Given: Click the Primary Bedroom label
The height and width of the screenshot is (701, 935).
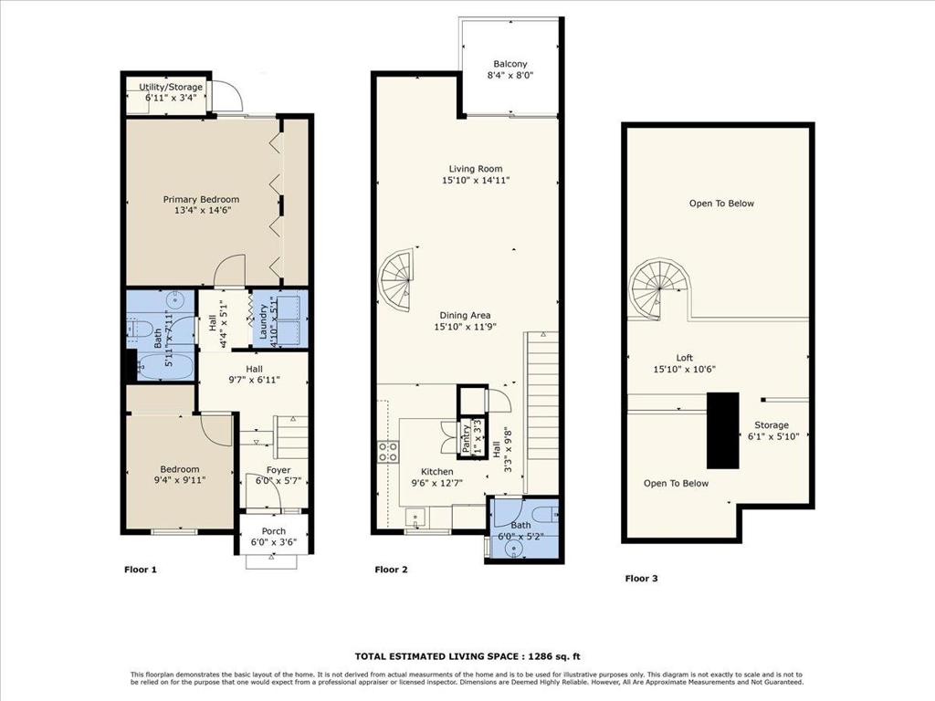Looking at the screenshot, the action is click(201, 200).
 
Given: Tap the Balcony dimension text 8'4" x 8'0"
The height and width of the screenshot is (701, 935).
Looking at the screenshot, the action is click(510, 76).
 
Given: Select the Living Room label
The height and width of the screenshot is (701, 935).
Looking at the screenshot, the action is click(475, 169).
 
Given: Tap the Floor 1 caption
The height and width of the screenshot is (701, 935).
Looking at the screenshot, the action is click(140, 570).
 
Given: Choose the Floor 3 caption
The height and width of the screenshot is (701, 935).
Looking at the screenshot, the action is click(641, 578).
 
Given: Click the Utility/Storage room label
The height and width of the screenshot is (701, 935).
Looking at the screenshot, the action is click(171, 87).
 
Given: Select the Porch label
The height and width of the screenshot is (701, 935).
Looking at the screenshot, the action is click(274, 531).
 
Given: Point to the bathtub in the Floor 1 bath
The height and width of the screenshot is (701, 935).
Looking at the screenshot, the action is click(165, 365).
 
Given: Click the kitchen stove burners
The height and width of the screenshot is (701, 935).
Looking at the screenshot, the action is click(388, 451).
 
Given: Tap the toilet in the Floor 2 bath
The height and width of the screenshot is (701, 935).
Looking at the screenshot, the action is click(544, 513).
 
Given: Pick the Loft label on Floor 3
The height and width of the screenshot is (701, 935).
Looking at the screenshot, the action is click(685, 358).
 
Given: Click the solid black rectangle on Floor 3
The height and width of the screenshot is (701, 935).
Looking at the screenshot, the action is click(723, 431).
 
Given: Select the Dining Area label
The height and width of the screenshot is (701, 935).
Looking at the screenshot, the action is click(465, 315).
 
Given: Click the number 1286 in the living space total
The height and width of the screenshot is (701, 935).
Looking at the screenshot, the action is click(538, 656).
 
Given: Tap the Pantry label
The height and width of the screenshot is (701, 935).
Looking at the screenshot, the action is click(465, 439).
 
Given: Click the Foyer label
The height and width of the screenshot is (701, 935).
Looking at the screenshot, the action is click(278, 470).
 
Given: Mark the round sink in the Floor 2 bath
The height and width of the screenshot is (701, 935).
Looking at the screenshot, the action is click(511, 549).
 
